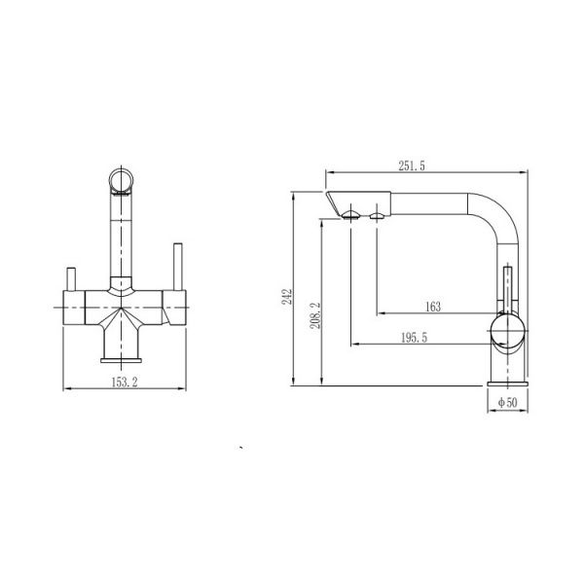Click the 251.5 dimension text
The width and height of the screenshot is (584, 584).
click(411, 166)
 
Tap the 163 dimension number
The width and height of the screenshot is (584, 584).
click(433, 307)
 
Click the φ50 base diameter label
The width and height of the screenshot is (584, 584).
click(506, 401)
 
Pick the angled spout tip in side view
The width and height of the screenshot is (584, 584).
click(338, 203)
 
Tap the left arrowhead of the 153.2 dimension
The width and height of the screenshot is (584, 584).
click(66, 390)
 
